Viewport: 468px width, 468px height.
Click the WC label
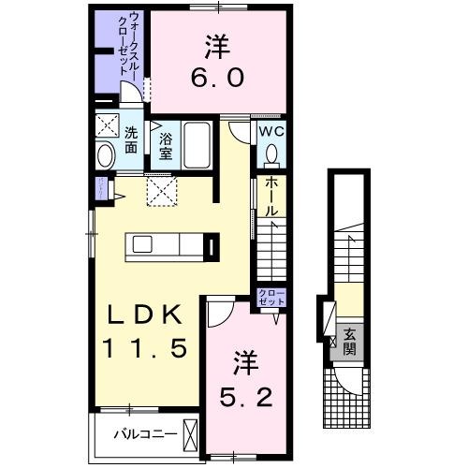pos(272,131)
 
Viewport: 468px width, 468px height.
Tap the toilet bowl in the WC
pos(272,154)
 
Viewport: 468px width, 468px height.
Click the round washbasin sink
pos(106,154)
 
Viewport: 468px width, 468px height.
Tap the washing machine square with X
pos(105,126)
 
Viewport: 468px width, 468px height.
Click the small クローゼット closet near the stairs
pos(271,298)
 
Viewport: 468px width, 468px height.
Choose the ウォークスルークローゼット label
pos(129,44)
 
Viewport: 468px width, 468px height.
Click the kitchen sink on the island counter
pos(143,244)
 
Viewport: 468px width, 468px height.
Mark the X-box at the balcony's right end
pos(192,435)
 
